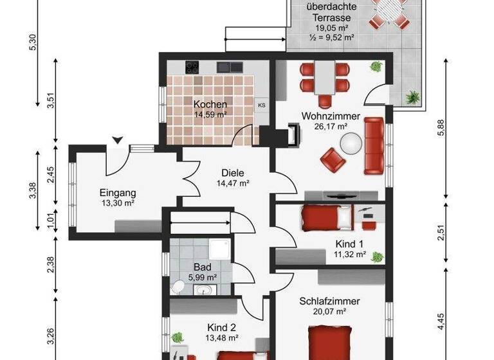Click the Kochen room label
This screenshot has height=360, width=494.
click(x=210, y=104)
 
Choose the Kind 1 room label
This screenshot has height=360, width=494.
click(x=350, y=244)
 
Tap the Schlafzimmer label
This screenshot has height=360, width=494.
click(x=329, y=301)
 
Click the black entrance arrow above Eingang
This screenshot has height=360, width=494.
click(x=117, y=139)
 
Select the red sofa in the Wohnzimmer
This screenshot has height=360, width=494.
click(x=373, y=146)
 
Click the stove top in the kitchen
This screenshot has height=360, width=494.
click(x=192, y=66)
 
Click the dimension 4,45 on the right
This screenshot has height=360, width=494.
click(x=441, y=321)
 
